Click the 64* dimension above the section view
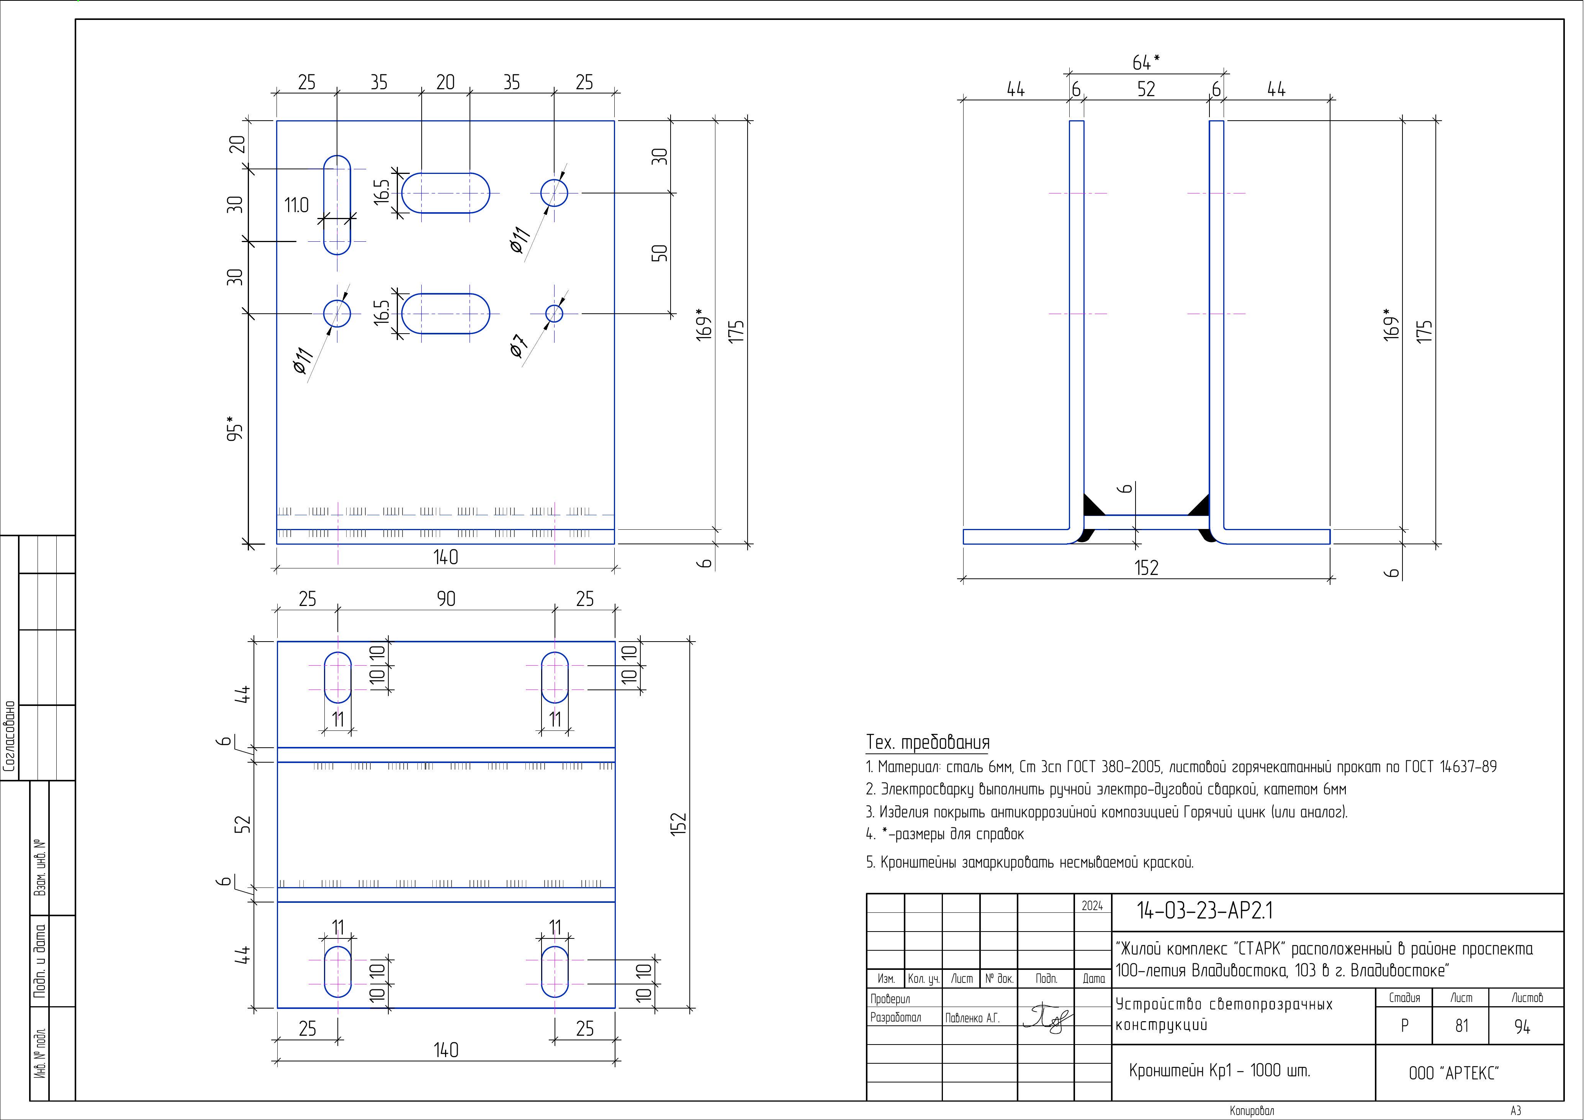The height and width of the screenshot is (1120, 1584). tap(1146, 62)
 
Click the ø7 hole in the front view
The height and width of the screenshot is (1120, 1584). tap(554, 314)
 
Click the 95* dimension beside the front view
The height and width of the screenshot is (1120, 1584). tap(235, 428)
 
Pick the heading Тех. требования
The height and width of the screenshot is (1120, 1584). tap(927, 743)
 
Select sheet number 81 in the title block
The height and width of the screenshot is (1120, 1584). tap(1461, 1026)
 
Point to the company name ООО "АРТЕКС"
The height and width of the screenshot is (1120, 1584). tap(1454, 1073)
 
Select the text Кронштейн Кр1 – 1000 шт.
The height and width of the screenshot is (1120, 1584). tap(1219, 1070)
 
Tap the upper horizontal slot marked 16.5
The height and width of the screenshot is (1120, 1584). tap(446, 193)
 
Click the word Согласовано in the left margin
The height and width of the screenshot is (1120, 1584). tap(10, 736)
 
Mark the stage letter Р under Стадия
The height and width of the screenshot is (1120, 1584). tap(1404, 1026)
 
